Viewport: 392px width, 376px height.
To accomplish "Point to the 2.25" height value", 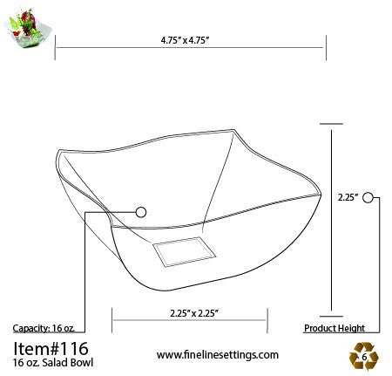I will click(348, 198).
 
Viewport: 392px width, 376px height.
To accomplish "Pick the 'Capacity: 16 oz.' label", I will click(44, 328).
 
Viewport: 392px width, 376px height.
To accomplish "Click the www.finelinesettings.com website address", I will click(218, 354).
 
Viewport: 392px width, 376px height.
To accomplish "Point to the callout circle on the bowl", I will click(141, 211).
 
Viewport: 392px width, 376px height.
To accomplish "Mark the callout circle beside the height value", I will click(368, 198).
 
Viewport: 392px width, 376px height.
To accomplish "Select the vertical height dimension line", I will click(331, 218).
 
